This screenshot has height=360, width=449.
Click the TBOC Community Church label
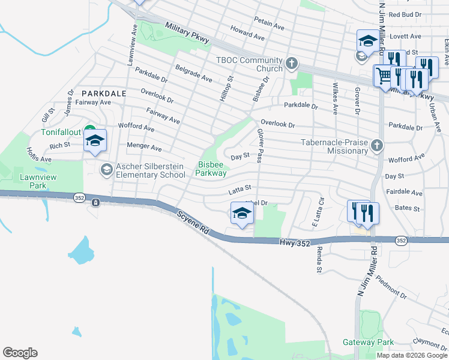point(249,64)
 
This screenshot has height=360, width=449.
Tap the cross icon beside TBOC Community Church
point(292,62)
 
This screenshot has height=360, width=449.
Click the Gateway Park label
point(368,342)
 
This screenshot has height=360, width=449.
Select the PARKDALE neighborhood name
point(104,94)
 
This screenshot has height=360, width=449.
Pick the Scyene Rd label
point(193,221)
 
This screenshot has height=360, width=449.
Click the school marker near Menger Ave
point(95,140)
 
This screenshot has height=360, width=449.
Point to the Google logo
point(20,353)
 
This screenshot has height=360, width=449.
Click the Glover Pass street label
point(260,146)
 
